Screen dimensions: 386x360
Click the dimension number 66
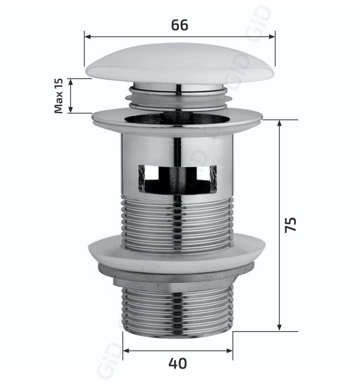[179, 25]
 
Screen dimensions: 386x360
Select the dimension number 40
[177, 363]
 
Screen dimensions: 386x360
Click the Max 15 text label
[59, 96]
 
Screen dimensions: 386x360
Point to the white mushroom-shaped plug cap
[180, 64]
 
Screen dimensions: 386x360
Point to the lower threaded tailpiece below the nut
[177, 310]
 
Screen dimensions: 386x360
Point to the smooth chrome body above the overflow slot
[177, 145]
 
